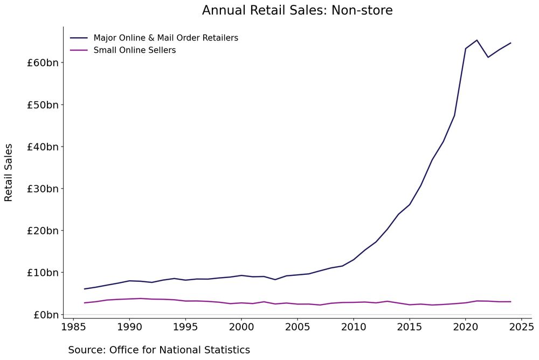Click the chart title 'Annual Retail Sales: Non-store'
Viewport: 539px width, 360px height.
point(297,10)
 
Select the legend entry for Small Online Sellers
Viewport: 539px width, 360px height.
point(134,50)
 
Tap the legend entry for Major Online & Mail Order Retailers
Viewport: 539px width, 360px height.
point(165,38)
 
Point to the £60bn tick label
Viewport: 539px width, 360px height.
point(42,63)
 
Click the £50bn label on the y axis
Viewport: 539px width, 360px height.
point(42,105)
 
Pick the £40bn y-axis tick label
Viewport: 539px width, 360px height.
point(42,147)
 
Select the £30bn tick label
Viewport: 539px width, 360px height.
point(42,189)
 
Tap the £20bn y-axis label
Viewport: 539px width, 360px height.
point(42,231)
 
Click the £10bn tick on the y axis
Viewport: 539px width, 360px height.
point(42,273)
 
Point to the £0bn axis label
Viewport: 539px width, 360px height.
point(45,315)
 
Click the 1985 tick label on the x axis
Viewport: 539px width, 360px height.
point(73,327)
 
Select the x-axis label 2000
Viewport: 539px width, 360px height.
point(241,327)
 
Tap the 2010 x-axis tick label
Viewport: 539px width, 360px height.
point(354,327)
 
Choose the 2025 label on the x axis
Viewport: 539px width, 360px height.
point(522,327)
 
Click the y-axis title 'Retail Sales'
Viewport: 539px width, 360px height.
point(9,172)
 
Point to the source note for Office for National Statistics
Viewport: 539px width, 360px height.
point(159,350)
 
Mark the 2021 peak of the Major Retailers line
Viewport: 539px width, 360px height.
point(477,40)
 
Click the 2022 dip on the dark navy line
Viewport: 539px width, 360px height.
point(488,57)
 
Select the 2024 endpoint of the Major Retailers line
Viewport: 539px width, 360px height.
point(510,43)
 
